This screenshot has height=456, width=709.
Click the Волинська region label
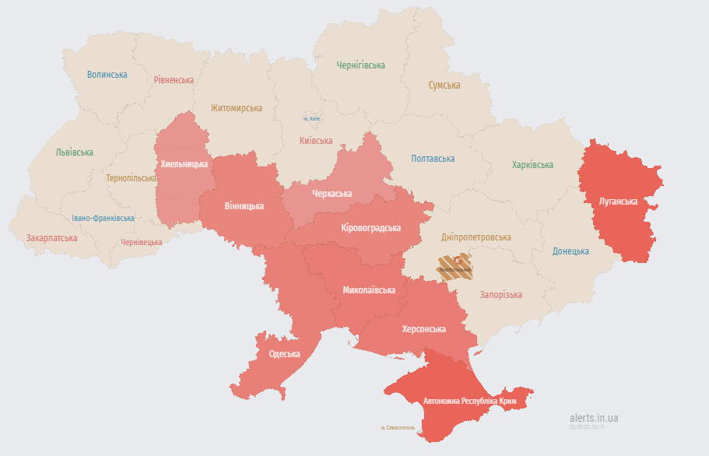[x=107, y=75]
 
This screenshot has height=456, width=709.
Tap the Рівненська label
[x=174, y=80]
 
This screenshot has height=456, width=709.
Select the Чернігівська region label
[x=360, y=65]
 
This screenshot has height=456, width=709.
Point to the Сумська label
[x=444, y=86]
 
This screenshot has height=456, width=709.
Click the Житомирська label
[x=236, y=108]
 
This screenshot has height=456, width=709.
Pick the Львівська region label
[x=75, y=153]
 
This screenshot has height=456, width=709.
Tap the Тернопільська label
[x=132, y=178]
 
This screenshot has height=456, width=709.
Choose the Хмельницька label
[x=184, y=164]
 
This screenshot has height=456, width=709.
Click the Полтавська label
[x=433, y=159]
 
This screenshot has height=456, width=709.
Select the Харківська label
[x=532, y=165]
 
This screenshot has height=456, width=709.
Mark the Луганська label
[x=618, y=202]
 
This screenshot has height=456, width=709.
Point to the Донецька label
[x=570, y=251]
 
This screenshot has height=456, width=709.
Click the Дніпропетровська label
[x=476, y=237]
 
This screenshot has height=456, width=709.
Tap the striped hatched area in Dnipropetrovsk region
[x=455, y=266]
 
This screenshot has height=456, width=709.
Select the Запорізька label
[x=500, y=295]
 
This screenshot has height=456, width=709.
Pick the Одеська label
[x=284, y=354]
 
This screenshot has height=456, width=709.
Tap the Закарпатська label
[x=51, y=238]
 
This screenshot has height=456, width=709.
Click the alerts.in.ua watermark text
[x=594, y=418]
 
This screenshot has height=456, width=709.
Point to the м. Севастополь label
[x=398, y=428]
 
